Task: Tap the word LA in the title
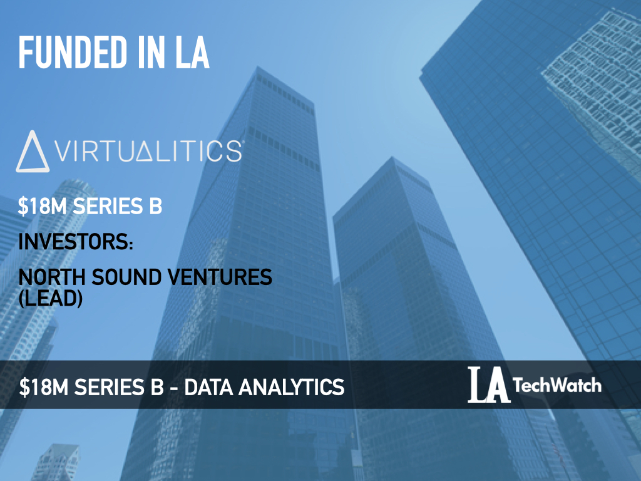pos(193,53)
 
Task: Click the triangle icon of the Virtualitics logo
pos(33,152)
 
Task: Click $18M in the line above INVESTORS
pos(42,205)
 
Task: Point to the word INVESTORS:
pos(76,241)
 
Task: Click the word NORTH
pos(52,277)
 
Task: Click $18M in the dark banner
pos(43,387)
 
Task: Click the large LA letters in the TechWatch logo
pos(488,385)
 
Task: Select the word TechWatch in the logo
pos(557,385)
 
